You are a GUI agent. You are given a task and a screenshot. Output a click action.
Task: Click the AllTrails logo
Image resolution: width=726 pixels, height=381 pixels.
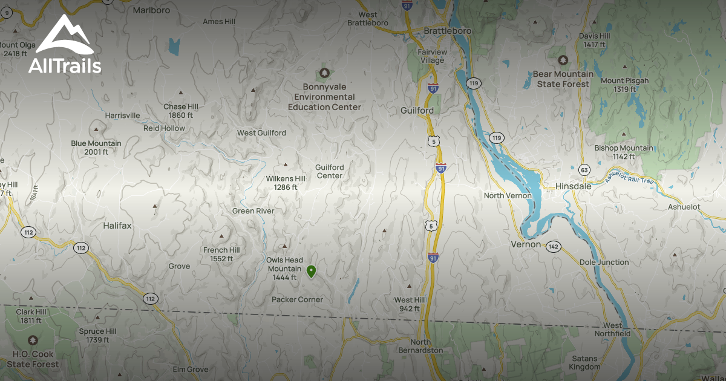click(64, 45)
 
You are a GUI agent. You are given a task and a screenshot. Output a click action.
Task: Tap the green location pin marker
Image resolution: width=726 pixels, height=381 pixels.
click(311, 271)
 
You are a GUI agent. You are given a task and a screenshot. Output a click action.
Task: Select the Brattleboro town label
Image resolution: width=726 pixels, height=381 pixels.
click(447, 30)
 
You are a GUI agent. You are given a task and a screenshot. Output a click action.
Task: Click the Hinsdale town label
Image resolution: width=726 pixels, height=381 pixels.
click(574, 186)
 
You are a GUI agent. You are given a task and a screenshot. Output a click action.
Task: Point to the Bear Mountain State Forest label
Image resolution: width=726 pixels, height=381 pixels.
click(563, 79)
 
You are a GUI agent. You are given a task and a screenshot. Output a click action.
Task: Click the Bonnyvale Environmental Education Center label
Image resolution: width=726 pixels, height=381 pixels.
click(324, 97)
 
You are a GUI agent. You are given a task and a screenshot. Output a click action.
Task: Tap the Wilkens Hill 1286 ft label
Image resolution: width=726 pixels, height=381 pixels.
click(286, 183)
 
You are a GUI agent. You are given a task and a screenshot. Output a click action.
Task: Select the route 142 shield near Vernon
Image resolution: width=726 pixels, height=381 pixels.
click(553, 247)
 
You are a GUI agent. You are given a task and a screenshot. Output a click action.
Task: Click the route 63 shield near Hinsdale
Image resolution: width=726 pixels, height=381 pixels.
click(584, 169)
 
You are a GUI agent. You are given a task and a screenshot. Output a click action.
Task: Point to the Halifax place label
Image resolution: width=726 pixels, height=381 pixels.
click(117, 225)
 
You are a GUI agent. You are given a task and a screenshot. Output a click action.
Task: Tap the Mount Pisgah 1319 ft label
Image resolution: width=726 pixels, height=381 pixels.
click(624, 85)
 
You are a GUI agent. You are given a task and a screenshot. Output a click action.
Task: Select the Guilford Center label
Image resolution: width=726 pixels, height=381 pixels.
click(330, 171)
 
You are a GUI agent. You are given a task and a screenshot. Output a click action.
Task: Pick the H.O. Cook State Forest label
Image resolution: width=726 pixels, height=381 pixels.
click(33, 359)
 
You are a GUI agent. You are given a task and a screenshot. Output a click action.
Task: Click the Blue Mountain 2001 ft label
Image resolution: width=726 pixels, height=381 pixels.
click(96, 148)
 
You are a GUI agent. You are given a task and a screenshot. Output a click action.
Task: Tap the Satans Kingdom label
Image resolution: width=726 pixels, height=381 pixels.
click(585, 362)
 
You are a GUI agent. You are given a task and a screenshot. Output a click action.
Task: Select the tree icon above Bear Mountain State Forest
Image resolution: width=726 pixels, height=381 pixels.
click(563, 60)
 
